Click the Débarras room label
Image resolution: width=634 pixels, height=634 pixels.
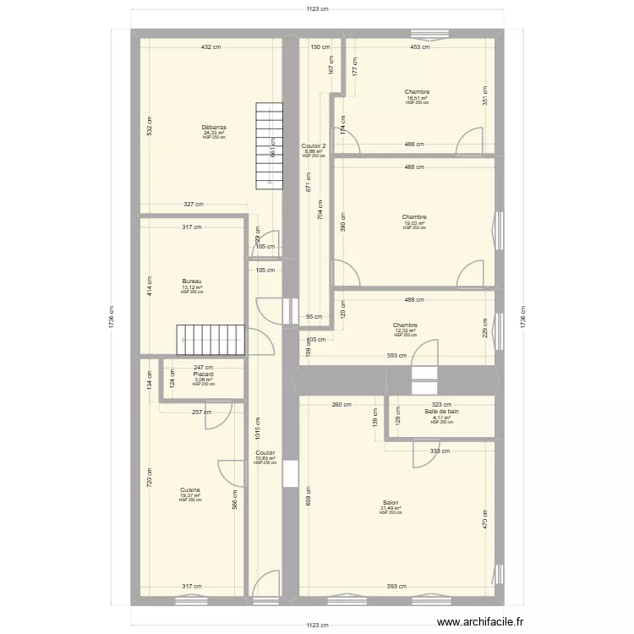pos(214,128)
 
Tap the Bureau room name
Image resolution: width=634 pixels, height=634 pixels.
pos(192,281)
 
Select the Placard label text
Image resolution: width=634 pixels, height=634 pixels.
pos(203,374)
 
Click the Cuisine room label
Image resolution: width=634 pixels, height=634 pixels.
pos(189,489)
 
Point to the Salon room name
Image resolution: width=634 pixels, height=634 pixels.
pos(390,502)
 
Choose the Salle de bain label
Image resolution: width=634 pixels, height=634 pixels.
pos(441,412)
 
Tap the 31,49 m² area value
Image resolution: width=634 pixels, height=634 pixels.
pos(390,508)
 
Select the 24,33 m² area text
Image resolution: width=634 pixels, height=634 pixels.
pos(214,133)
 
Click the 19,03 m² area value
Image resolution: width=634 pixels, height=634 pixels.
pos(414,223)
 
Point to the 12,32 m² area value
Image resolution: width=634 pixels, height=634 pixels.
pos(405,331)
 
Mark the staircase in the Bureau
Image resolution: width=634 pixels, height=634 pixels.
pos(210,339)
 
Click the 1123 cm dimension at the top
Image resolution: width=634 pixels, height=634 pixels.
pos(317,9)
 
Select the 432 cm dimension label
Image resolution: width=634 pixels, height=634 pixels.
pos(210,47)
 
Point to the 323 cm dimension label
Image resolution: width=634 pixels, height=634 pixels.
pos(441,405)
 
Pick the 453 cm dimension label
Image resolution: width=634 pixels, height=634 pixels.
pos(419,47)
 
